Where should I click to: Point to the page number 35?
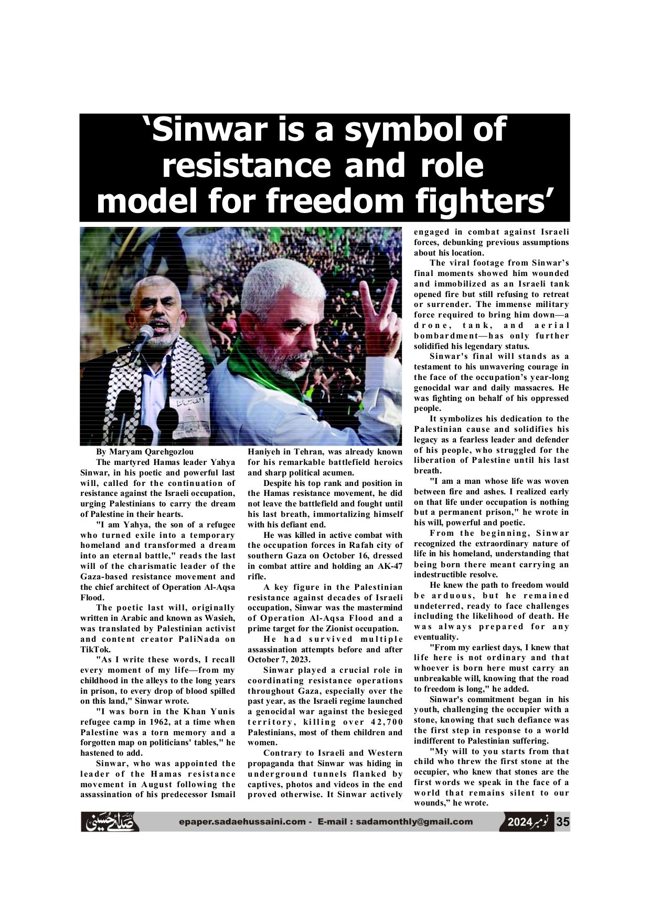click(x=562, y=822)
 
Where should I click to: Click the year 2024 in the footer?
click(x=519, y=822)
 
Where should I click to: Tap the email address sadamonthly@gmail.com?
click(x=414, y=822)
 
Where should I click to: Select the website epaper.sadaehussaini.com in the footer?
click(x=242, y=822)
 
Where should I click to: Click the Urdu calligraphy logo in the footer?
click(x=111, y=822)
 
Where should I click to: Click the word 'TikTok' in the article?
click(x=95, y=649)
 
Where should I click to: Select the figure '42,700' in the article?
click(x=386, y=722)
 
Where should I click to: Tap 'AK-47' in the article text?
click(x=390, y=566)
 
